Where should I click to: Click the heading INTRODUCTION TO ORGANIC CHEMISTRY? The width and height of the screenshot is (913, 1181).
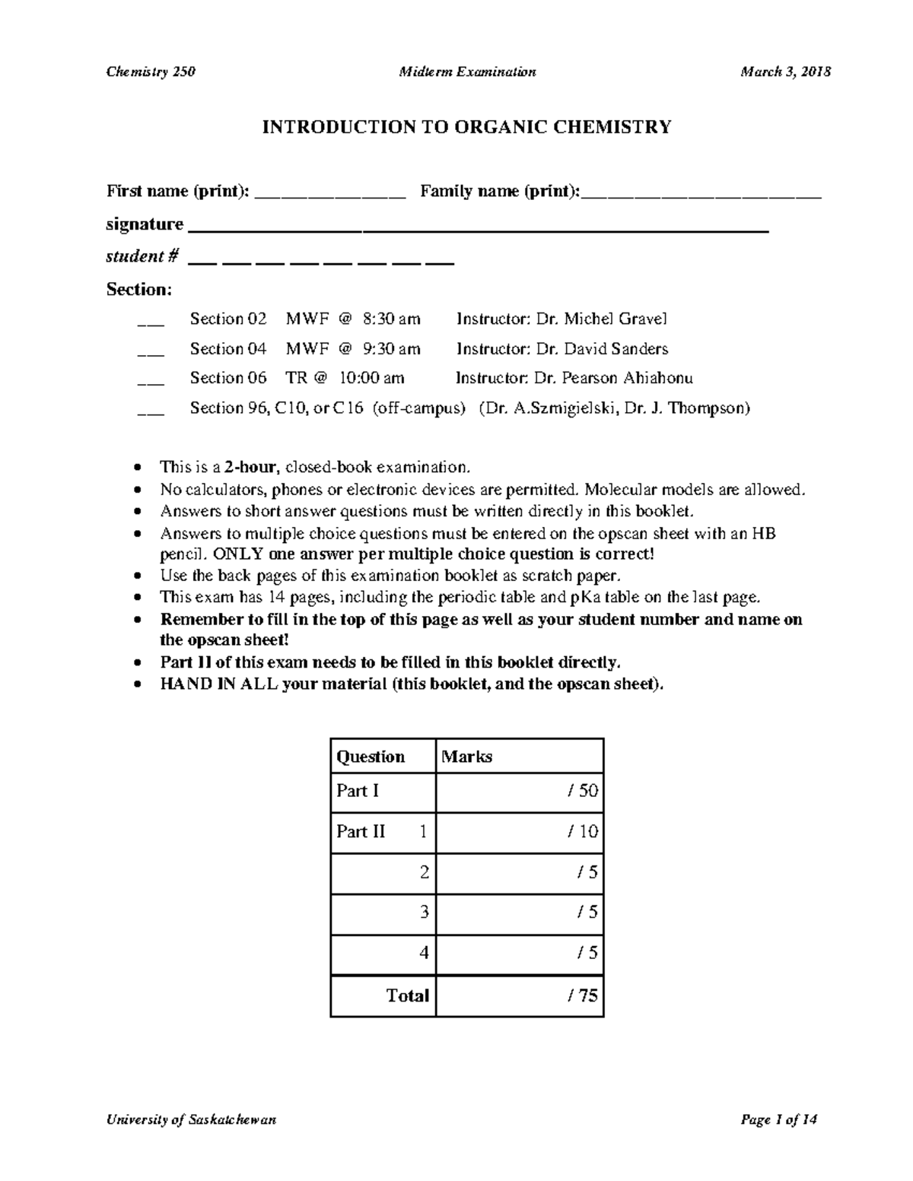(x=466, y=127)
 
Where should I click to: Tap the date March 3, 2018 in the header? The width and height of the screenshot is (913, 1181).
(x=785, y=72)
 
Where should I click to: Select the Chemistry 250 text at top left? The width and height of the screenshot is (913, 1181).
(x=151, y=72)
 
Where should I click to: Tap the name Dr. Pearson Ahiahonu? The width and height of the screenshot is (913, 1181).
(x=613, y=378)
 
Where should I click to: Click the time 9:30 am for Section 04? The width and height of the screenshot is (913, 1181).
(x=391, y=349)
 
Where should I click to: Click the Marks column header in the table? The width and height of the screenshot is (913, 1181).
(x=467, y=757)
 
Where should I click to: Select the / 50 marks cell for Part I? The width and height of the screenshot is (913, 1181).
(x=520, y=791)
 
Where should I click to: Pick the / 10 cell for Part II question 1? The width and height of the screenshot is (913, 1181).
(x=520, y=831)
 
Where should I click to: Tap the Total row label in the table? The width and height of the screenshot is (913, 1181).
(x=407, y=995)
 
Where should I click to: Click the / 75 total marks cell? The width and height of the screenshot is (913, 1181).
(x=520, y=995)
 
